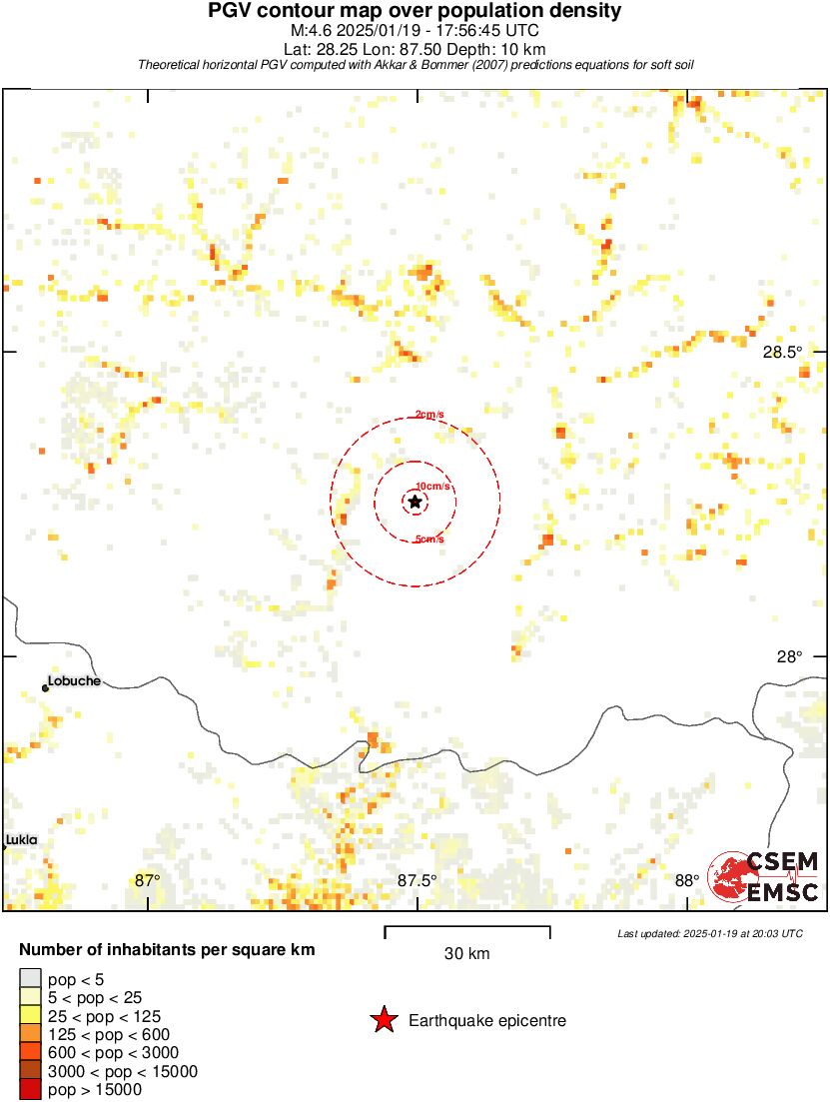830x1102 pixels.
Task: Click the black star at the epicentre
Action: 415,502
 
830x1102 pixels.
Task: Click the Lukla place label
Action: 21,840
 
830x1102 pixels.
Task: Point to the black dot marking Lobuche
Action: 45,687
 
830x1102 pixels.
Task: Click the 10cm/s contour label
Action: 433,487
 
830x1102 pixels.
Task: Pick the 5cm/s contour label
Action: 429,540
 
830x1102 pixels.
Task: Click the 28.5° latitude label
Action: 782,352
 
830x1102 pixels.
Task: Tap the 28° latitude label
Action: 790,656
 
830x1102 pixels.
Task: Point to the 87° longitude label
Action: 147,880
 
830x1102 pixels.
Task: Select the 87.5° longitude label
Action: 417,880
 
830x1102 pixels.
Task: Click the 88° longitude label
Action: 687,880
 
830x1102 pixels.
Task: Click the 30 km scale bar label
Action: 466,953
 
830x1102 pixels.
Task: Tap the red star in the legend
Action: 383,1020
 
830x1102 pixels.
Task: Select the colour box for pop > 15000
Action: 30,1089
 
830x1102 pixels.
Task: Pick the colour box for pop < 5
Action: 30,979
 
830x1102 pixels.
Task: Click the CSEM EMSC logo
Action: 765,876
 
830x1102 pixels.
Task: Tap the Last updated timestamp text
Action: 710,933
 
